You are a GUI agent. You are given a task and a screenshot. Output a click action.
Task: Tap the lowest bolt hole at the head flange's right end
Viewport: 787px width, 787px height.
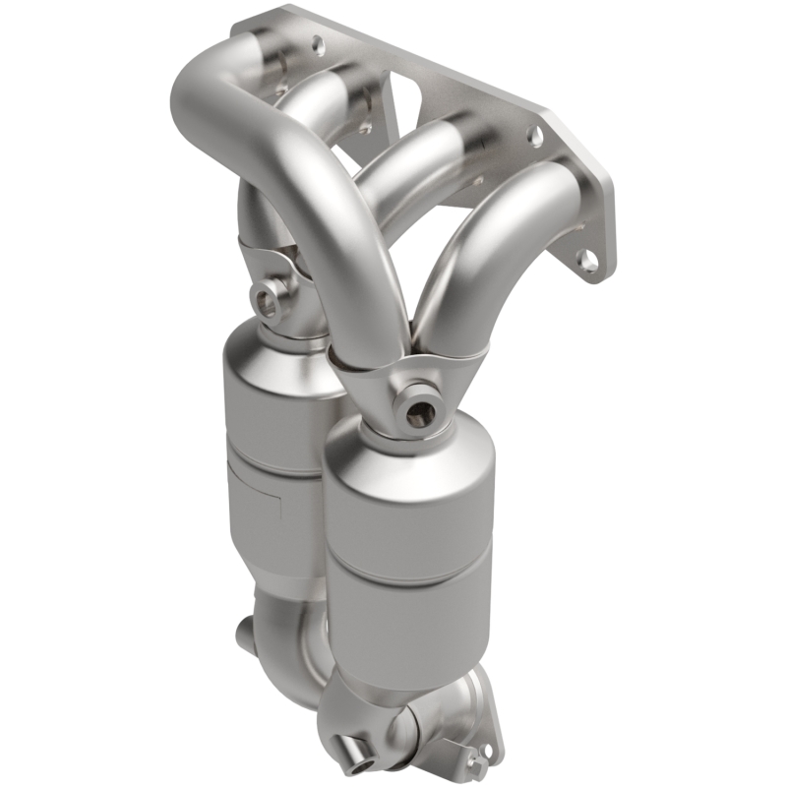pos(586,260)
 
